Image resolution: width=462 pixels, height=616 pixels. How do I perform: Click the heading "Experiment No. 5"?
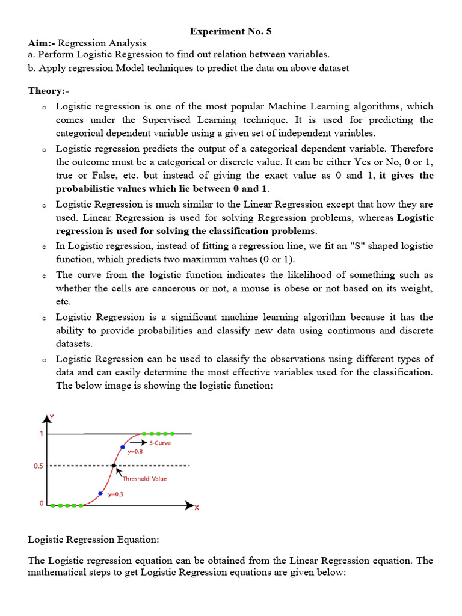pyautogui.click(x=227, y=31)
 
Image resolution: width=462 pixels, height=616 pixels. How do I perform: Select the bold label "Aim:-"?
pyautogui.click(x=42, y=43)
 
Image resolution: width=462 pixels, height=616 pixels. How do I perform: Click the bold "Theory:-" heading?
pyautogui.click(x=48, y=91)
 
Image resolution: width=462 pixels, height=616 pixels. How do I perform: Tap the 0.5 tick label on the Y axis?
pyautogui.click(x=37, y=466)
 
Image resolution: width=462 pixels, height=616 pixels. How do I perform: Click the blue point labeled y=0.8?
pyautogui.click(x=122, y=447)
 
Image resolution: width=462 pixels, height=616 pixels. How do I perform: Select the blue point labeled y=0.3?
pyautogui.click(x=100, y=493)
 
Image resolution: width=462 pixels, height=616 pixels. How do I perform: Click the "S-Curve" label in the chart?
pyautogui.click(x=160, y=443)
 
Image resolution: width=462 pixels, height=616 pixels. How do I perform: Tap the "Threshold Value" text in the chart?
pyautogui.click(x=144, y=479)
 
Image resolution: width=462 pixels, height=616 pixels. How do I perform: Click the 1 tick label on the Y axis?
pyautogui.click(x=41, y=434)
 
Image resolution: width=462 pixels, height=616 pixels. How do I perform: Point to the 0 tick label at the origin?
pyautogui.click(x=42, y=504)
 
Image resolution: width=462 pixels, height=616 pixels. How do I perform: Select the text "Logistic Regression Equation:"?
pyautogui.click(x=94, y=540)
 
